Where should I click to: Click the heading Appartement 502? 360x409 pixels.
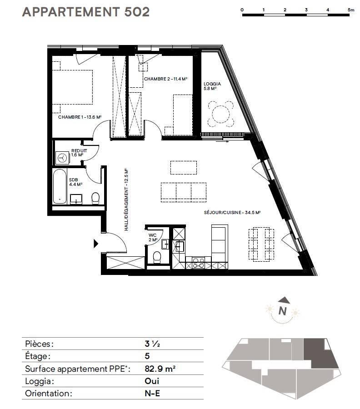pos(86,12)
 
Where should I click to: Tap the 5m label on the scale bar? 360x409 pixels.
pos(351,10)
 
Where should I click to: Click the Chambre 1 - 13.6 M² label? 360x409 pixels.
pos(80,117)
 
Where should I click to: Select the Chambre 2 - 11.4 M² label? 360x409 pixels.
pos(166,79)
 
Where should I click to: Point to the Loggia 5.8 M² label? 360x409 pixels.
pos(212,86)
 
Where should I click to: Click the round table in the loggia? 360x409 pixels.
pos(221,114)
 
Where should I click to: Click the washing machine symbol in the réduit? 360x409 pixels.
pos(62,158)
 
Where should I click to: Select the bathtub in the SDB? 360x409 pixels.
pos(60,186)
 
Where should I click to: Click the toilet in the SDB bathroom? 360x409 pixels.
pos(95,199)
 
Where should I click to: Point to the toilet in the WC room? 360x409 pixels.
pos(157,257)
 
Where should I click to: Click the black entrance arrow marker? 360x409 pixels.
pos(96,244)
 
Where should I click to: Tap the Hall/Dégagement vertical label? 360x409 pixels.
pos(126,200)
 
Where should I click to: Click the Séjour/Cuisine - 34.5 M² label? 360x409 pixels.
pos(232,213)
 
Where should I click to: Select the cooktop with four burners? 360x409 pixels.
pos(198,263)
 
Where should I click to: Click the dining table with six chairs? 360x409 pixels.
pos(261,244)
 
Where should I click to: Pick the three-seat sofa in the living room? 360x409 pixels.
pos(184,192)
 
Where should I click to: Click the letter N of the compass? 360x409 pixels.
pos(283,311)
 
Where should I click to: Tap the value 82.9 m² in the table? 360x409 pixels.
pos(160,369)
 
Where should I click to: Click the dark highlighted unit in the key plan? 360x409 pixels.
pos(320,354)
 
